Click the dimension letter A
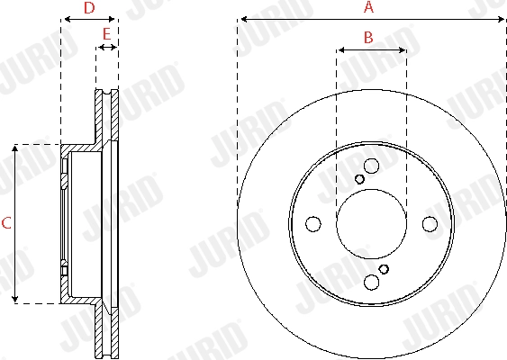(x=367, y=7)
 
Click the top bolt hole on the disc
(x=371, y=165)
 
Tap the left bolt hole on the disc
(x=312, y=223)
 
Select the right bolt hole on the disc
(x=430, y=223)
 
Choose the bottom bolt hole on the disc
(x=371, y=283)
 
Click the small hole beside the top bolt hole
(x=359, y=178)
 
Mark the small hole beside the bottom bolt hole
(x=384, y=269)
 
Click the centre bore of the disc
(x=371, y=223)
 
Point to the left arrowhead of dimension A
(x=242, y=19)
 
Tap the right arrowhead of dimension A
(x=500, y=19)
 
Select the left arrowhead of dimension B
(x=340, y=50)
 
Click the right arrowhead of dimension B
(x=402, y=50)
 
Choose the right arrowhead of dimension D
(x=113, y=19)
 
